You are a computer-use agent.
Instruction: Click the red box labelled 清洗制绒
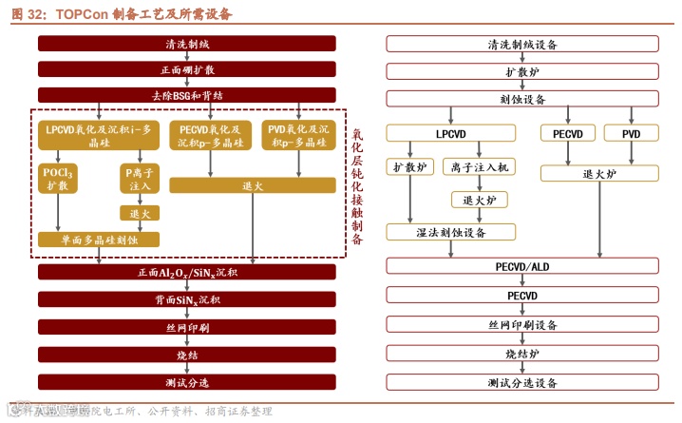pyautogui.click(x=186, y=44)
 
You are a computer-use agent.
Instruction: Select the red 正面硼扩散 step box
pyautogui.click(x=186, y=69)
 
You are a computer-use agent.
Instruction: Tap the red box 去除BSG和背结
pyautogui.click(x=186, y=95)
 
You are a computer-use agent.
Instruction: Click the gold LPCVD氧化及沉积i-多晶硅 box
pyautogui.click(x=99, y=136)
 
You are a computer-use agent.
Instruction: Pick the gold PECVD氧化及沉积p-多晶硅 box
pyautogui.click(x=211, y=136)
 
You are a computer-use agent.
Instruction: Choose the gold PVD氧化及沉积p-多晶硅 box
pyautogui.click(x=298, y=136)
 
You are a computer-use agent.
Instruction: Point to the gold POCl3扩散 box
pyautogui.click(x=57, y=180)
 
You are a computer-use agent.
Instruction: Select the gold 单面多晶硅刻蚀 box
pyautogui.click(x=99, y=240)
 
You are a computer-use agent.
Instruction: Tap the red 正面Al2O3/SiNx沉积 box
pyautogui.click(x=186, y=273)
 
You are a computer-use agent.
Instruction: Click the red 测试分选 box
pyautogui.click(x=186, y=382)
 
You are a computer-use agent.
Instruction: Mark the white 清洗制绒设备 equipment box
pyautogui.click(x=522, y=44)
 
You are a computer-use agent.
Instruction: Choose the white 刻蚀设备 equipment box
pyautogui.click(x=522, y=99)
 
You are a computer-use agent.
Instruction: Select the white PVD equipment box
pyautogui.click(x=632, y=134)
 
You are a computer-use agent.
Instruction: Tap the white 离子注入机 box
pyautogui.click(x=481, y=167)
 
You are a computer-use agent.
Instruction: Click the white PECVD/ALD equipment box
pyautogui.click(x=522, y=267)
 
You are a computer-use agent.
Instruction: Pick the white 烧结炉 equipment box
pyautogui.click(x=522, y=354)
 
